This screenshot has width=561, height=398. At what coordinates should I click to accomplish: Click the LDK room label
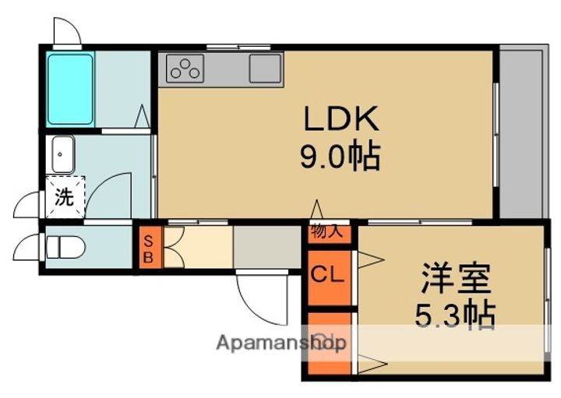[340, 119]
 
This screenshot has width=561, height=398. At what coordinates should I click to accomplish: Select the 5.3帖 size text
[456, 314]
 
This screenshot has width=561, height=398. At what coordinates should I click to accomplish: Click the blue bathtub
[71, 88]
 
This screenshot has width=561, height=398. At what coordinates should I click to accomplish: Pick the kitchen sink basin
[266, 69]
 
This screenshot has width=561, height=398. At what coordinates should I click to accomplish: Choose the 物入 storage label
[326, 231]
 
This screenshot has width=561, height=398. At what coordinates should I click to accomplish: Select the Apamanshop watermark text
[281, 343]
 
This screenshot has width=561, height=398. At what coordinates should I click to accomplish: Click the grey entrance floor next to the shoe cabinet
[266, 247]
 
